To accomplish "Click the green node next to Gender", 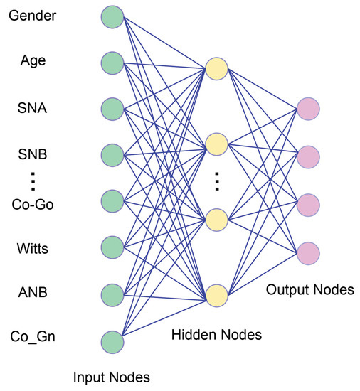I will tap(112, 16).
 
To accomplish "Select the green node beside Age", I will tap(112, 62).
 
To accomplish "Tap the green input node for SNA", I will tap(112, 109).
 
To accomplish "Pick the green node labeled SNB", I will tap(112, 154).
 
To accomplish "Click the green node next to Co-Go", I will tap(112, 200).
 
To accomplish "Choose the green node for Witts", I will tap(112, 247).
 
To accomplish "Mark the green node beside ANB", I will tap(112, 294).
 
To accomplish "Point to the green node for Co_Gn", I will tap(112, 341).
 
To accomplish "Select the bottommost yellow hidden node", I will tap(216, 294).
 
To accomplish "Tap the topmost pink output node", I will tap(308, 109).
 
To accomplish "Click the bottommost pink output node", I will tap(308, 252).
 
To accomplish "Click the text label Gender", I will tap(33, 15).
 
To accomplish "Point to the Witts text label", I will tap(33, 248).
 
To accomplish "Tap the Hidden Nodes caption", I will tap(216, 334).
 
